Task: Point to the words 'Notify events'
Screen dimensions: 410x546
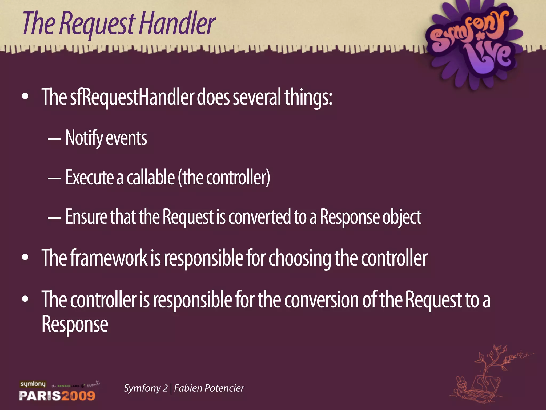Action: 106,138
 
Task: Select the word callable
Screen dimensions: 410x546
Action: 150,178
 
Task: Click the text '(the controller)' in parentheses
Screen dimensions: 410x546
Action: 224,178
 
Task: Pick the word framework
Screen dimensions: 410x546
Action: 109,258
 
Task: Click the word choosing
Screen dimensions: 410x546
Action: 300,258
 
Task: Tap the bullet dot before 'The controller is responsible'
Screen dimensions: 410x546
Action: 25,299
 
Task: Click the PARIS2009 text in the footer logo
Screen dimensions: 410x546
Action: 57,395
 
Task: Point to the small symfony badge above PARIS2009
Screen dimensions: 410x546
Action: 33,384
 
